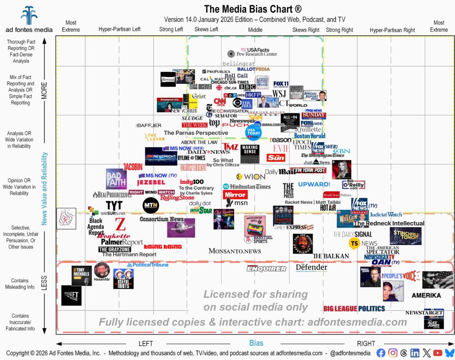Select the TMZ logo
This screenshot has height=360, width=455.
tap(230, 147)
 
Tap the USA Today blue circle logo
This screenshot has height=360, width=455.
tap(254, 132)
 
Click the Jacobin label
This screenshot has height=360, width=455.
tap(133, 167)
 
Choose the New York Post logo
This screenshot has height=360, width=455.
tap(308, 170)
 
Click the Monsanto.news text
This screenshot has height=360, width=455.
tap(235, 251)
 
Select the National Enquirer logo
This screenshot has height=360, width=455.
tap(267, 268)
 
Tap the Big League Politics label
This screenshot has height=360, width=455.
tap(354, 308)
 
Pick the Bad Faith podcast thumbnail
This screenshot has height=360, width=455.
tap(116, 179)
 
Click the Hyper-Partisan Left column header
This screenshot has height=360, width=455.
tap(120, 30)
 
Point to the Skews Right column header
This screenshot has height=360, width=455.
tap(306, 30)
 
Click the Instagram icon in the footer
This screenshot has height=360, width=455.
tap(393, 353)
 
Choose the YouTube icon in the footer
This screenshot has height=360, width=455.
tap(438, 353)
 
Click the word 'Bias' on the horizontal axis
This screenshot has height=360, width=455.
tap(256, 343)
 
